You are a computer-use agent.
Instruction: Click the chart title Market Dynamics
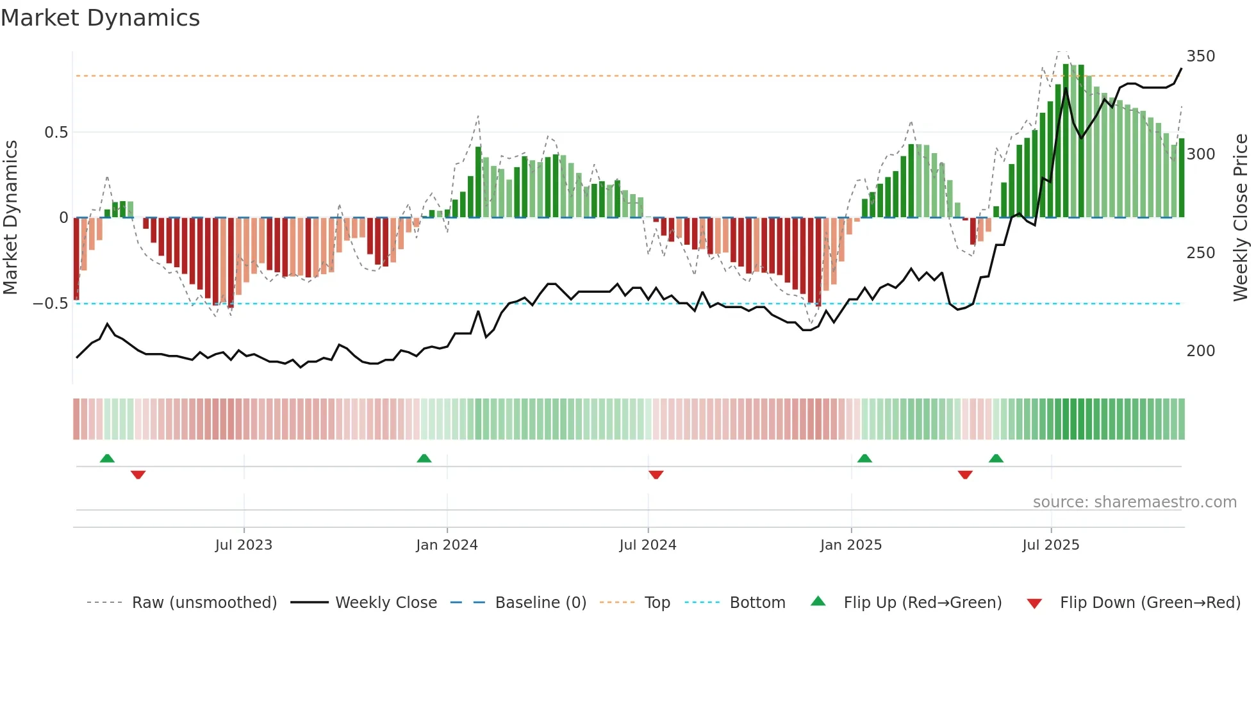100,18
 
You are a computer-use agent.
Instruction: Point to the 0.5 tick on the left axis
56,133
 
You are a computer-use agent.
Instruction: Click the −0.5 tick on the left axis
51,304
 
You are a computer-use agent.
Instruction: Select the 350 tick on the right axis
1200,56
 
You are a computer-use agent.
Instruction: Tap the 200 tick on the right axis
1200,351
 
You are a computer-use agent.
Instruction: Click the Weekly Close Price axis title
1241,218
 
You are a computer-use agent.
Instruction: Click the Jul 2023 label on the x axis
244,545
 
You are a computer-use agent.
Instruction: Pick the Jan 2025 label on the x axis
850,545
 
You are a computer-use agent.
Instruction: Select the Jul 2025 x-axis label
1050,545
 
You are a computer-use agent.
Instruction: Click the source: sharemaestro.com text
1134,502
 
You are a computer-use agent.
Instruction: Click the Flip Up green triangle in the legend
818,602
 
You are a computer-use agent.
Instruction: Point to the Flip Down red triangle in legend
1034,603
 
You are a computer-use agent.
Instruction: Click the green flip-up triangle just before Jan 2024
424,459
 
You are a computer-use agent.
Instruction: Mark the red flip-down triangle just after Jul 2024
656,475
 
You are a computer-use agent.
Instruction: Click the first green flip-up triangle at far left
107,459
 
